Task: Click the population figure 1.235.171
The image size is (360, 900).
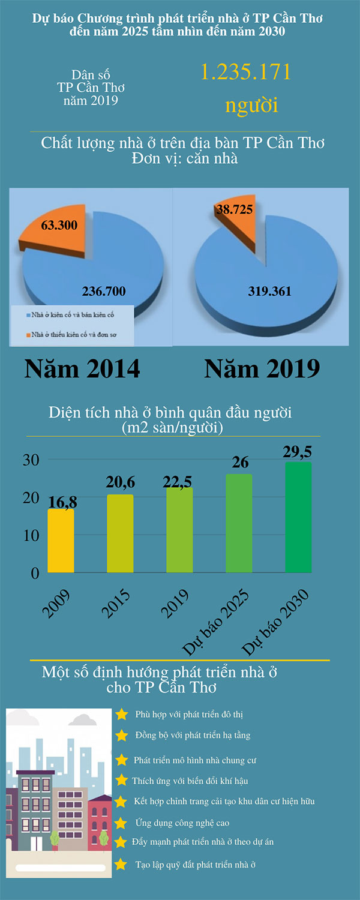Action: pyautogui.click(x=245, y=72)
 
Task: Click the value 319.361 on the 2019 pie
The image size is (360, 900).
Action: pyautogui.click(x=269, y=292)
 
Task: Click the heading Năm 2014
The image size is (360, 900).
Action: pyautogui.click(x=82, y=368)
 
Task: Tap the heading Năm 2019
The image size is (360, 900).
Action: pyautogui.click(x=262, y=368)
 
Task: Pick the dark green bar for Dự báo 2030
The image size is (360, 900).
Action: pyautogui.click(x=298, y=517)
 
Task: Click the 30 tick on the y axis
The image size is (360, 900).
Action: pyautogui.click(x=31, y=460)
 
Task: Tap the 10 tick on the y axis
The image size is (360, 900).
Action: pyautogui.click(x=31, y=535)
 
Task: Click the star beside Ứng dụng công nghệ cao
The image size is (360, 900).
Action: pyautogui.click(x=121, y=823)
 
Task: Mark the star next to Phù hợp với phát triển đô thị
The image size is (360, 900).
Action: pyautogui.click(x=122, y=714)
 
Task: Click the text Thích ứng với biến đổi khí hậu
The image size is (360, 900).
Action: pyautogui.click(x=190, y=781)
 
